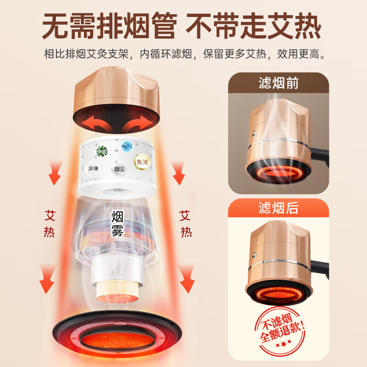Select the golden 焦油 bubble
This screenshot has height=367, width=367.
click(142, 161)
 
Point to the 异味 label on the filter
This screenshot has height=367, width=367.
click(93, 169)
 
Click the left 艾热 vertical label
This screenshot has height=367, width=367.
click(50, 223)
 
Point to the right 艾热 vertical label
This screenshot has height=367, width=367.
click(185, 223)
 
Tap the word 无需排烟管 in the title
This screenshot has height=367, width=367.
click(109, 27)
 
